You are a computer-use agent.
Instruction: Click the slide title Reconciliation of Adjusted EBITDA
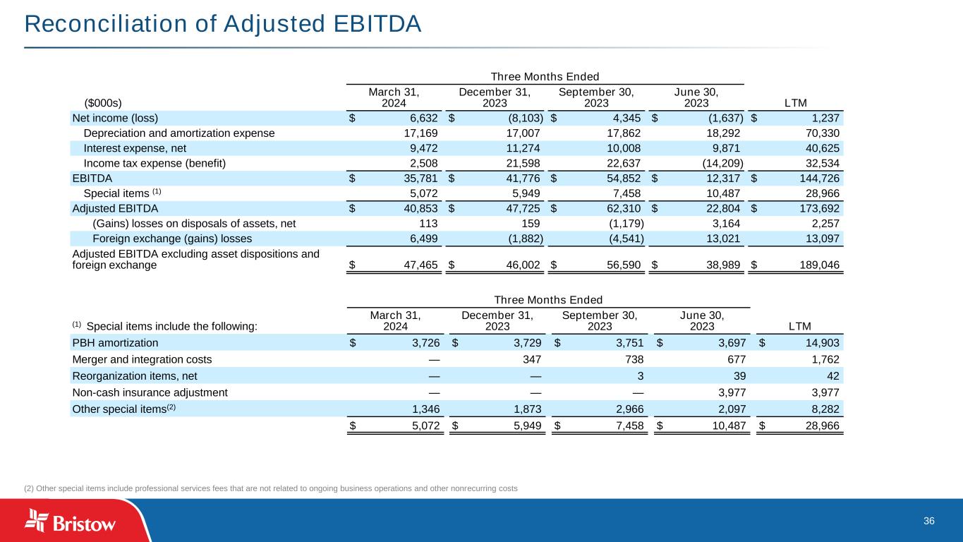pyautogui.click(x=223, y=24)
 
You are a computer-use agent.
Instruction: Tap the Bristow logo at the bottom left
pyautogui.click(x=71, y=522)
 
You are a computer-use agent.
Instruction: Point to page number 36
pyautogui.click(x=928, y=521)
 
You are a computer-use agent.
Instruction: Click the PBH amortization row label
pyautogui.click(x=115, y=343)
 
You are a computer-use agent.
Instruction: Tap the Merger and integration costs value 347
pyautogui.click(x=532, y=359)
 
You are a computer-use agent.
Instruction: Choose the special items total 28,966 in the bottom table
pyautogui.click(x=822, y=426)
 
